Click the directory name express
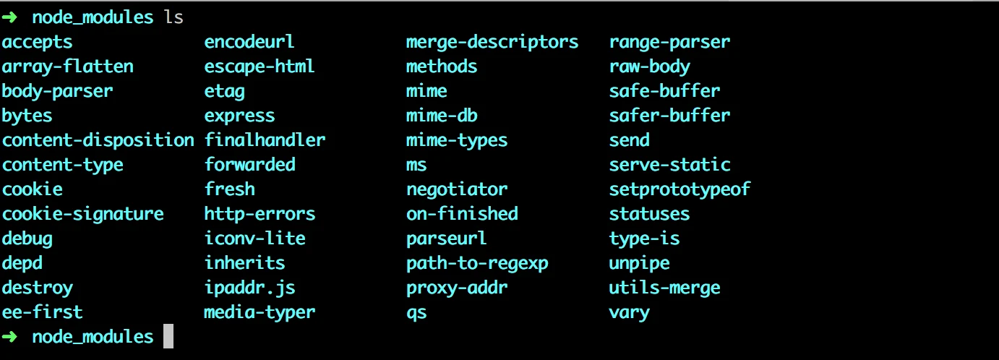(x=239, y=116)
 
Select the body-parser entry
(x=58, y=92)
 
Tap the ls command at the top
(x=173, y=17)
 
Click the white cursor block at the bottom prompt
(x=168, y=336)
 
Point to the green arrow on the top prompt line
(x=9, y=17)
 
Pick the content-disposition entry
(x=98, y=140)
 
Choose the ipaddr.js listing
(x=250, y=288)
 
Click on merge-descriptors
(x=492, y=43)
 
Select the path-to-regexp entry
(x=477, y=263)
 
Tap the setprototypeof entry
(x=679, y=189)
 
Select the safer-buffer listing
(x=670, y=116)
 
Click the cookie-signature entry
(x=83, y=214)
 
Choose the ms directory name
(x=416, y=165)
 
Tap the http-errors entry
(x=260, y=214)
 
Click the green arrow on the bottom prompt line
(x=9, y=336)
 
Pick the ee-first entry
(x=43, y=312)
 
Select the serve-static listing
(x=670, y=165)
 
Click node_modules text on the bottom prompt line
(x=93, y=337)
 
